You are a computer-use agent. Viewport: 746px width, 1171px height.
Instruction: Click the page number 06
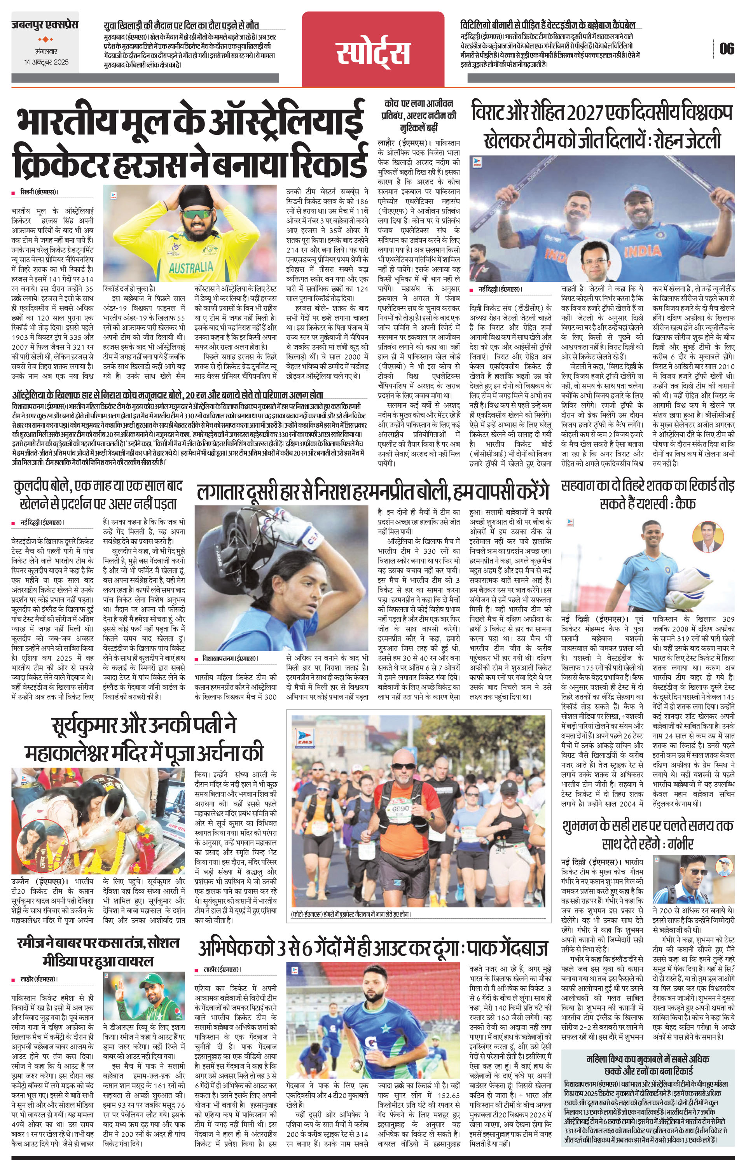point(727,49)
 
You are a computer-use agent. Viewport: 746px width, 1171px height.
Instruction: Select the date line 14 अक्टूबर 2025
point(47,62)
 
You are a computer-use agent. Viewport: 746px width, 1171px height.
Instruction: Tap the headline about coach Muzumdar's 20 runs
point(168,395)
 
